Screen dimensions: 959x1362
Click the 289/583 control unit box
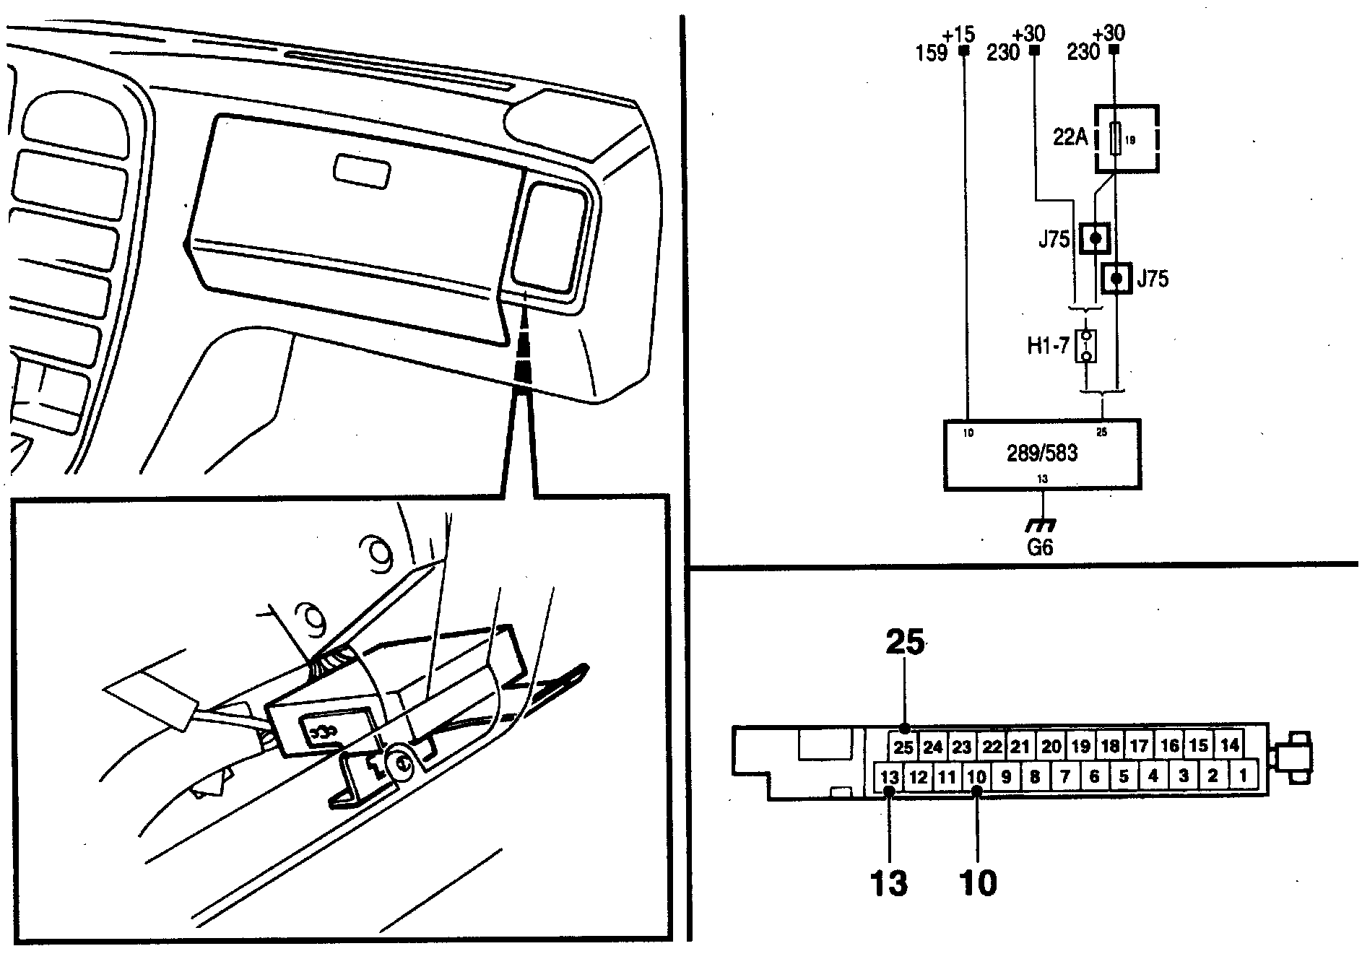pyautogui.click(x=1042, y=454)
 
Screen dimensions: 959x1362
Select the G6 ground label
pyautogui.click(x=1040, y=547)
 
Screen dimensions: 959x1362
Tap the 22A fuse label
pyautogui.click(x=1070, y=137)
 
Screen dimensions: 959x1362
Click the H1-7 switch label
pyautogui.click(x=1047, y=347)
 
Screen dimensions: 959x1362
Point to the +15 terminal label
pyautogui.click(x=958, y=34)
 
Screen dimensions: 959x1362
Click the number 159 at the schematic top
pyautogui.click(x=932, y=53)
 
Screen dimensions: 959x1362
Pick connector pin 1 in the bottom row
pyautogui.click(x=1242, y=776)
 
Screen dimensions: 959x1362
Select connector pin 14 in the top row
pyautogui.click(x=1230, y=745)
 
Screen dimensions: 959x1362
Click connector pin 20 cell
pyautogui.click(x=1051, y=746)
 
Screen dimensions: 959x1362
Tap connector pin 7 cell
pyautogui.click(x=1064, y=777)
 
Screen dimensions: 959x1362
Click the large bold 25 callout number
pyautogui.click(x=905, y=641)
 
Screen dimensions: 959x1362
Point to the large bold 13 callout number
pyautogui.click(x=889, y=882)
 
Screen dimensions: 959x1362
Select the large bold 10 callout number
pyautogui.click(x=978, y=882)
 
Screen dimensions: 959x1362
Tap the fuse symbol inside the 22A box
pyautogui.click(x=1116, y=138)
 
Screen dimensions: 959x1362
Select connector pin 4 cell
pyautogui.click(x=1153, y=777)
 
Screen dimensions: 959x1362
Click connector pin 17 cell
pyautogui.click(x=1140, y=745)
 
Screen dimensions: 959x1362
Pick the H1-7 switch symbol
pyautogui.click(x=1085, y=347)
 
